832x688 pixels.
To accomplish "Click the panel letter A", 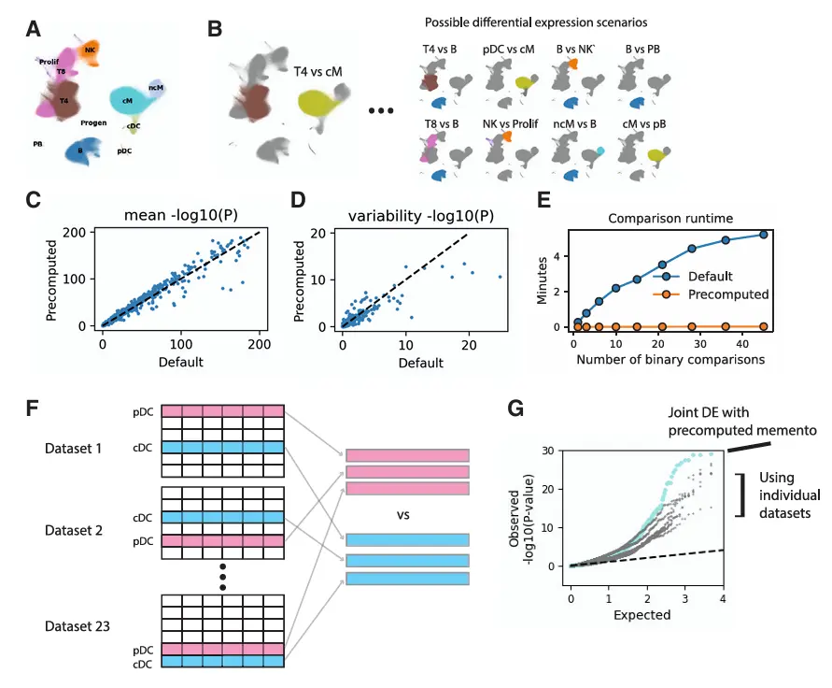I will (33, 29).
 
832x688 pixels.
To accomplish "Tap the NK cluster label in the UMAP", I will (90, 49).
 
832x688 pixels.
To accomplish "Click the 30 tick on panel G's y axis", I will (553, 451).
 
